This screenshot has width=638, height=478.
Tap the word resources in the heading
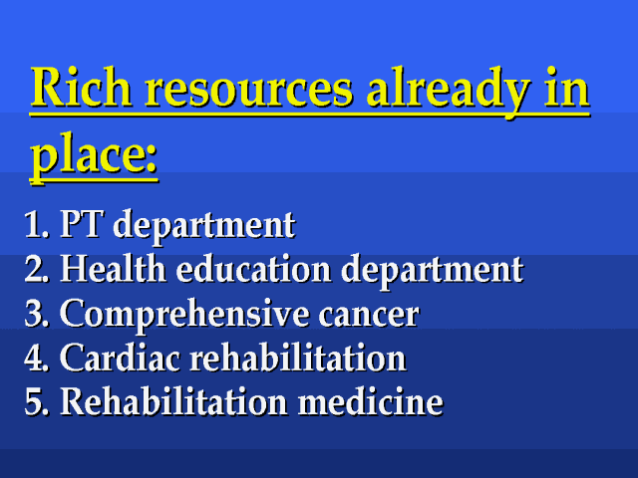point(249,91)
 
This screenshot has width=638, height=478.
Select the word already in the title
point(450,93)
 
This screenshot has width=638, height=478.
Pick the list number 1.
point(36,225)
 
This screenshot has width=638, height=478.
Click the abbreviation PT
point(81,223)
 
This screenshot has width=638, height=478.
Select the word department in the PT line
point(204,226)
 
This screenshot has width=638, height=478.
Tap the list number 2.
point(37,269)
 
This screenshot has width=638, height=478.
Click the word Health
point(113,268)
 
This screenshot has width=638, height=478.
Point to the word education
point(253,268)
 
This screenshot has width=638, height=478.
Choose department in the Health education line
point(432,271)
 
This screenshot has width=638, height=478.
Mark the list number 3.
point(37,313)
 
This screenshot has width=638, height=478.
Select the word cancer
point(369,317)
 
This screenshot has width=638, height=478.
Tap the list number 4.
point(37,358)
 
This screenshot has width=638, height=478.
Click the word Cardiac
point(120,357)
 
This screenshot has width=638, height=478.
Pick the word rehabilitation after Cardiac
point(298,357)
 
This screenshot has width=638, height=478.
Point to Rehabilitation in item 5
point(173,400)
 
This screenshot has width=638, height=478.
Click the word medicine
point(370,400)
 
